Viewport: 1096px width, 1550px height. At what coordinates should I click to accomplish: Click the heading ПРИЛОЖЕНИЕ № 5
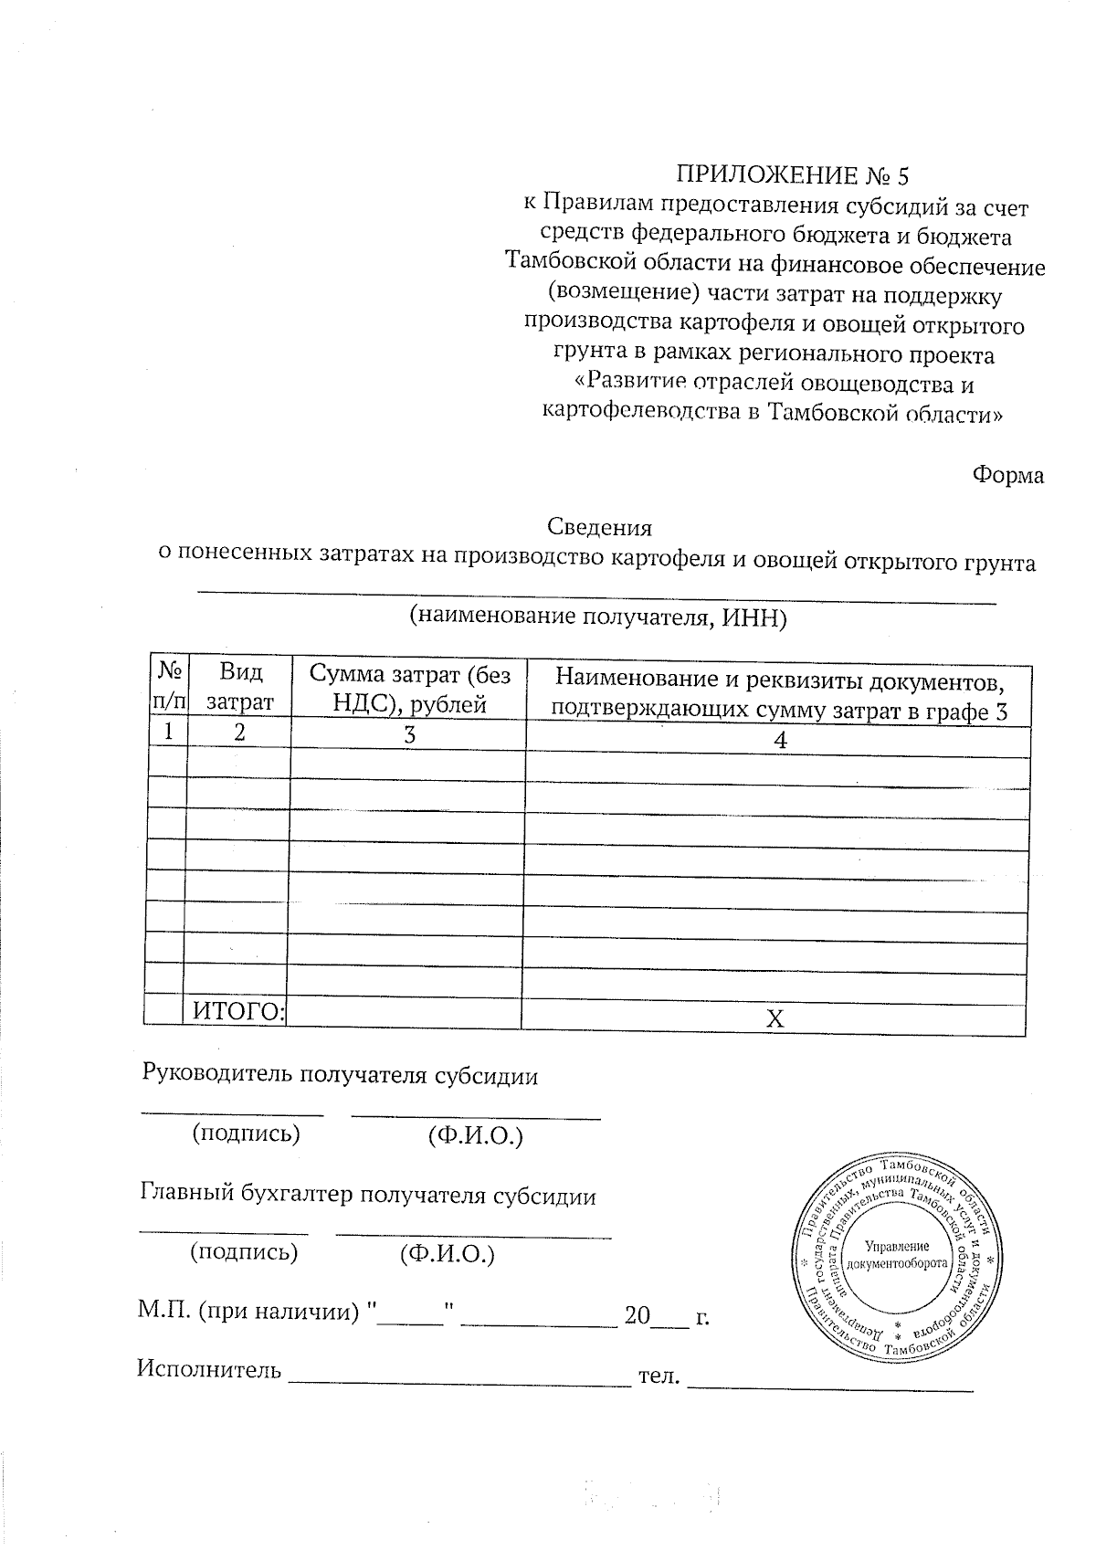pos(793,174)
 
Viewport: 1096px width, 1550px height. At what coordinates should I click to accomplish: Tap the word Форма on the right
pos(1008,476)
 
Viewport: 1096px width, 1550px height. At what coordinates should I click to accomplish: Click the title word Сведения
pos(599,527)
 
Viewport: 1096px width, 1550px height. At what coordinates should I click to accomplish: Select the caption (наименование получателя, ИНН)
pos(598,617)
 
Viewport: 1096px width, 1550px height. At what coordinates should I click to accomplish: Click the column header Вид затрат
pos(240,687)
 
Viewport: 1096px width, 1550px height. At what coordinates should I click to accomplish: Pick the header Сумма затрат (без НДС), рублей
pos(408,688)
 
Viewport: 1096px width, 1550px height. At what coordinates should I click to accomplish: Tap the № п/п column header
pos(168,687)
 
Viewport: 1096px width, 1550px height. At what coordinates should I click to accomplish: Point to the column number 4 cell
pos(779,741)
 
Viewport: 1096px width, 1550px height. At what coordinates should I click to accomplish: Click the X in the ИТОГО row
pos(775,1018)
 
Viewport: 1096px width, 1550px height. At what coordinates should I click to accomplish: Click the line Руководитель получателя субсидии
pos(340,1075)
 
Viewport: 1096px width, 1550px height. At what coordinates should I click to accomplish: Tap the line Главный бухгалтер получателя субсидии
pos(368,1196)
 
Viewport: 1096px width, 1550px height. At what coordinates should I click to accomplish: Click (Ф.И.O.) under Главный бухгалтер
pos(447,1254)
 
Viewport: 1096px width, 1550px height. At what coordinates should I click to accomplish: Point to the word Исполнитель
pos(209,1368)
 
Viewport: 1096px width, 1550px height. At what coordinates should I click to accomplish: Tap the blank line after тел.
pos(829,1388)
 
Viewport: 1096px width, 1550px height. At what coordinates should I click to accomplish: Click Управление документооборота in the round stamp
pos(897,1255)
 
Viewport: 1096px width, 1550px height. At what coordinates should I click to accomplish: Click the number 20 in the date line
pos(637,1316)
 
